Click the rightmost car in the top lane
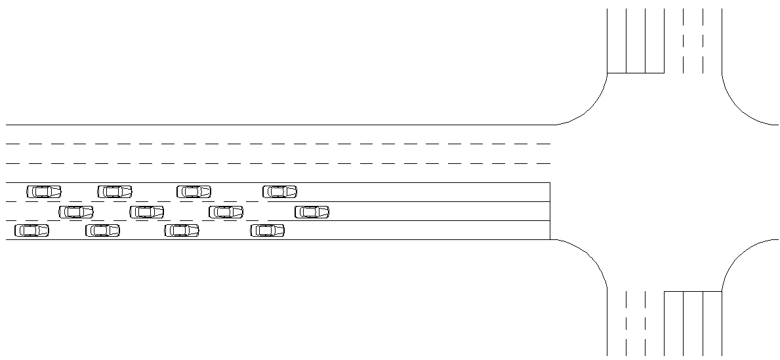pos(279,191)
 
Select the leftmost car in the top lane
pos(43,191)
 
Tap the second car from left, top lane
pos(114,191)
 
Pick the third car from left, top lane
pos(194,191)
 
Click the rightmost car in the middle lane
pos(312,212)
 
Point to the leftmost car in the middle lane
pos(75,212)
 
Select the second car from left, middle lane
pos(146,212)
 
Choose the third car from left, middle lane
pos(226,212)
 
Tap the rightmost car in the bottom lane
pos(267,230)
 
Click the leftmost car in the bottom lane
pos(31,230)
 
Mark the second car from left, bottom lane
pos(102,230)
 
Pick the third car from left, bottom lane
pos(181,230)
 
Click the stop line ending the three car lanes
pos(550,211)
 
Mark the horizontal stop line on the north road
pos(636,73)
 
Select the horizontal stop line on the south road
pos(693,291)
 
